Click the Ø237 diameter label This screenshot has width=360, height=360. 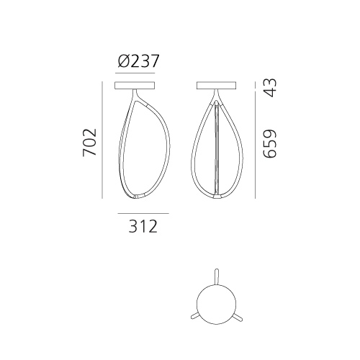click(138, 61)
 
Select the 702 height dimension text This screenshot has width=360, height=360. click(89, 143)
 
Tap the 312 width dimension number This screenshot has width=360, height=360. click(143, 226)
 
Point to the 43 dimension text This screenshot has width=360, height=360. click(270, 88)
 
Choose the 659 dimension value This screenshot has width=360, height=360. click(270, 143)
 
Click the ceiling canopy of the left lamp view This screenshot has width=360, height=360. click(135, 86)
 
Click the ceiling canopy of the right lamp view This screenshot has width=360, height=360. click(216, 86)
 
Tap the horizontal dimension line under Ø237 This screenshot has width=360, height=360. click(135, 73)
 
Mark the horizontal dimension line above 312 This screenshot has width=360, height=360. click(143, 213)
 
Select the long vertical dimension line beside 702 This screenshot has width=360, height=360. click(102, 140)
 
